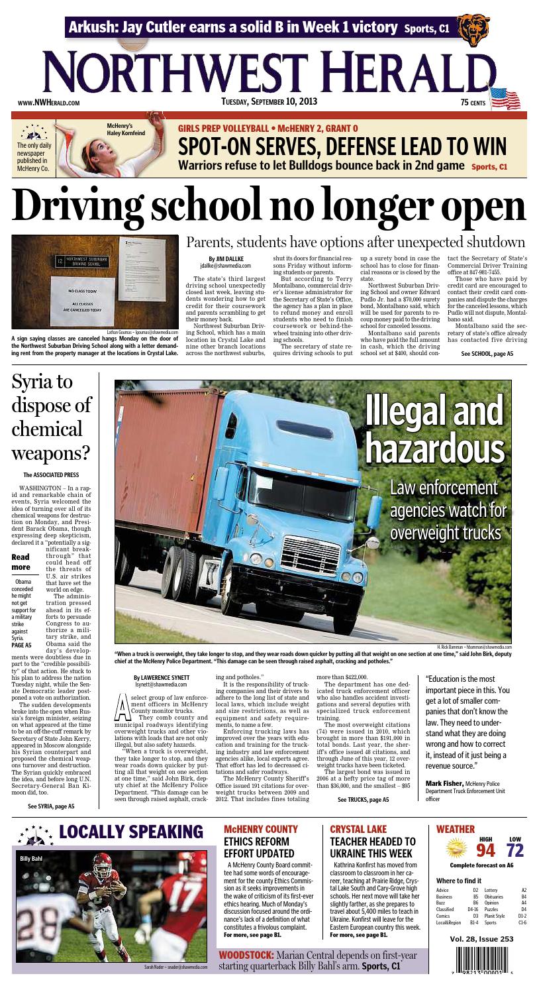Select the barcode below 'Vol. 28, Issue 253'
[479, 958]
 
